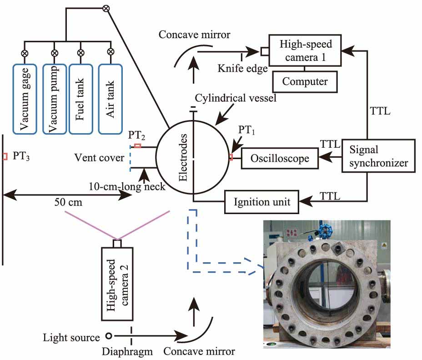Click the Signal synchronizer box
(378, 155)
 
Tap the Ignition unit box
(261, 201)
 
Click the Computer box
(304, 81)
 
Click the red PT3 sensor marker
(5, 157)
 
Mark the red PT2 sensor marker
(137, 146)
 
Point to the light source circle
(109, 336)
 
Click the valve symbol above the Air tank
(109, 53)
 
